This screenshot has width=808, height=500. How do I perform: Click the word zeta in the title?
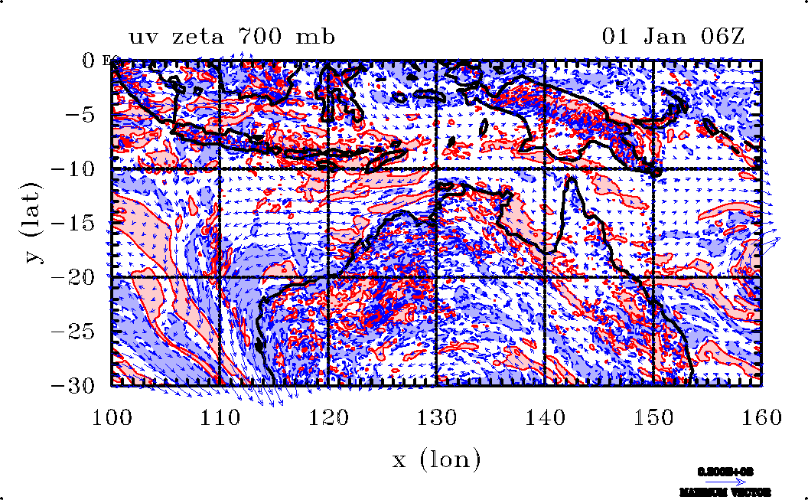tap(201, 37)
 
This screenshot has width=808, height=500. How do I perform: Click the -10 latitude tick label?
tap(75, 169)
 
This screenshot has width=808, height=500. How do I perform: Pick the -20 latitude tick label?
tap(75, 277)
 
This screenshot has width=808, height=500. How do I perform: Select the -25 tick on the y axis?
tap(75, 332)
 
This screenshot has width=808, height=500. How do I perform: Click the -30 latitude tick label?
tap(75, 385)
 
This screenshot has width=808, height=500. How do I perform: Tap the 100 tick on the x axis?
tap(112, 418)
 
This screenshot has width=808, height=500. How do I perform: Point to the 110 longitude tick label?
tap(220, 418)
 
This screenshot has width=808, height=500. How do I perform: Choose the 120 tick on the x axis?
tap(328, 418)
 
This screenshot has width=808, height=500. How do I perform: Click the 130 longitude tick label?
tap(436, 418)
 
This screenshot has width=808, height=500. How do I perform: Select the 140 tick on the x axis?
tap(544, 418)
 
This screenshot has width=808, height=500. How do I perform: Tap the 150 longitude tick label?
tap(652, 418)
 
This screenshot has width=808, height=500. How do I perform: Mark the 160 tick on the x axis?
tap(760, 418)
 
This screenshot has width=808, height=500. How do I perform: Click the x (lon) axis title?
tap(436, 460)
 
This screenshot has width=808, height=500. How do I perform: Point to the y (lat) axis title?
tap(34, 222)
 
